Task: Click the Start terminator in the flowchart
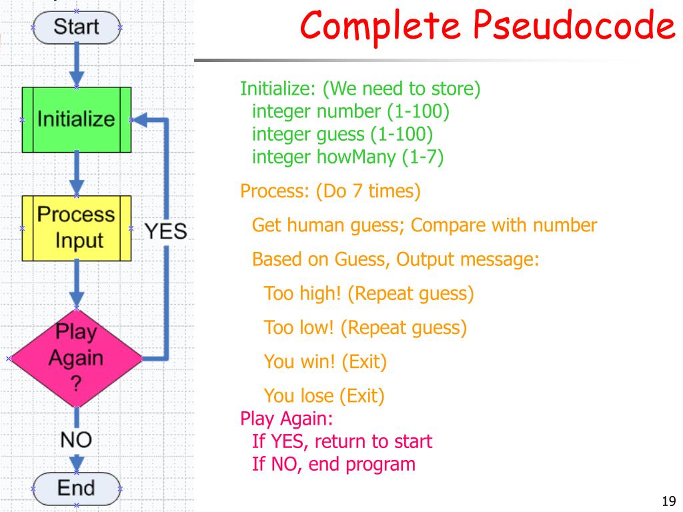(x=76, y=27)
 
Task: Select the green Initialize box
(x=76, y=120)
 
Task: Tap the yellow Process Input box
(x=76, y=227)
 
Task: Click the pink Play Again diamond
(x=76, y=357)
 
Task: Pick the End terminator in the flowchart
(x=76, y=488)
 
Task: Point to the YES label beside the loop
(x=166, y=231)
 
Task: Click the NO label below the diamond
(x=76, y=439)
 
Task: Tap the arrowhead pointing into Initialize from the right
(x=139, y=121)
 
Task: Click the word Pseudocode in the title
(x=574, y=27)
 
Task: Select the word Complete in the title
(x=383, y=27)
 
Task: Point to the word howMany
(x=365, y=157)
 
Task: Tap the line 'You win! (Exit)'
(x=325, y=362)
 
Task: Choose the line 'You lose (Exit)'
(x=324, y=397)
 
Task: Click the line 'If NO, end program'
(x=333, y=464)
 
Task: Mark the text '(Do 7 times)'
(x=369, y=192)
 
